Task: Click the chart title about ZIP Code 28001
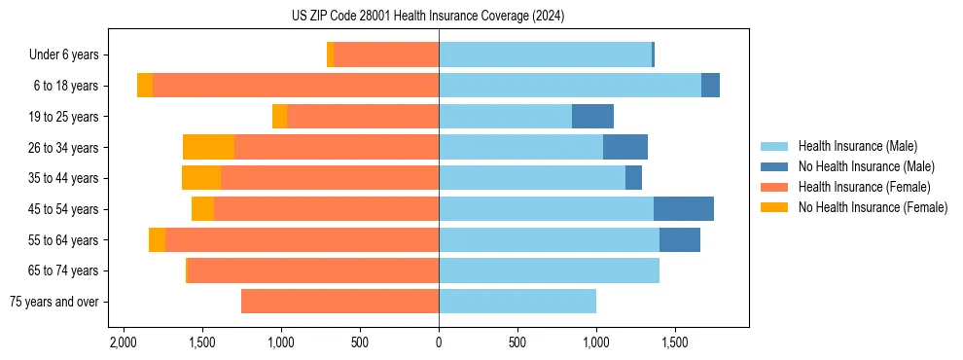click(x=428, y=17)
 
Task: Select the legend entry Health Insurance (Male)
click(x=857, y=146)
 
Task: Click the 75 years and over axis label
click(x=53, y=302)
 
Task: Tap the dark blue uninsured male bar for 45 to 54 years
click(x=684, y=209)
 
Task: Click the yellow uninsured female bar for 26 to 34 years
click(x=208, y=148)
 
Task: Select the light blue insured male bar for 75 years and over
click(x=517, y=302)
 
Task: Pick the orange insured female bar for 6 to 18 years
click(x=296, y=86)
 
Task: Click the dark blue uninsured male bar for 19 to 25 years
click(x=592, y=117)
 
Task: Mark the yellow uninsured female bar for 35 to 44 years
click(x=201, y=178)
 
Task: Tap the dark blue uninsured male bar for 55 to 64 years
click(x=680, y=240)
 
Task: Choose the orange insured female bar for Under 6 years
click(x=386, y=55)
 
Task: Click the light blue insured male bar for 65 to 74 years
click(x=549, y=270)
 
